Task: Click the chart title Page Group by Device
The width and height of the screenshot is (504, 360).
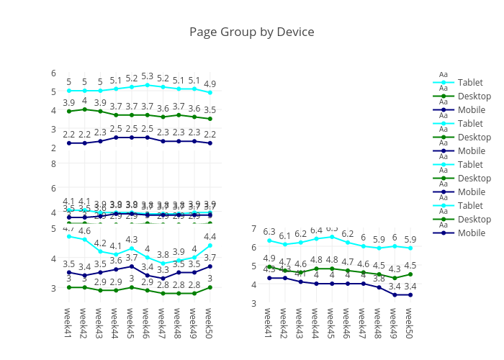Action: pyautogui.click(x=252, y=32)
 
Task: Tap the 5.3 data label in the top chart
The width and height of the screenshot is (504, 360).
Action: pyautogui.click(x=148, y=76)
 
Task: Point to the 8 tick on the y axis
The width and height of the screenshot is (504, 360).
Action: pyautogui.click(x=53, y=163)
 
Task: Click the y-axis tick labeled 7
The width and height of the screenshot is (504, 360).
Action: pyautogui.click(x=253, y=228)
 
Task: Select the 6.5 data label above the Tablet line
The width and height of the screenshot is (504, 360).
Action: pyautogui.click(x=332, y=228)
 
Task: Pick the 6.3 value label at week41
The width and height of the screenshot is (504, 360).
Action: pyautogui.click(x=269, y=232)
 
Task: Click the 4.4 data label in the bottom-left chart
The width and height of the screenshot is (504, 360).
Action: pyautogui.click(x=210, y=237)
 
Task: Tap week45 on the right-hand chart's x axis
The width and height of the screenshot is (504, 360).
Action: pyautogui.click(x=332, y=324)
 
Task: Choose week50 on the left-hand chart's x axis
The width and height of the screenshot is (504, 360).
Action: pyautogui.click(x=210, y=324)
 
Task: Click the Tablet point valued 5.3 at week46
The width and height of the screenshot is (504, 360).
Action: pyautogui.click(x=148, y=85)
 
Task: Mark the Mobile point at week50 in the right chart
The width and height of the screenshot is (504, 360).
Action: pyautogui.click(x=410, y=294)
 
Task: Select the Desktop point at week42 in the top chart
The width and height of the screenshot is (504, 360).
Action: pyautogui.click(x=85, y=109)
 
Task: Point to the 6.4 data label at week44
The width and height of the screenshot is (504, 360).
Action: pyautogui.click(x=316, y=230)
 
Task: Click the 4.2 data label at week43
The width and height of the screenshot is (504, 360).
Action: pyautogui.click(x=100, y=243)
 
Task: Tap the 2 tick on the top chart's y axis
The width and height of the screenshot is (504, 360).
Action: pyautogui.click(x=53, y=148)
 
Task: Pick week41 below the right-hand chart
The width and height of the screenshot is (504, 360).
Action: pyautogui.click(x=269, y=324)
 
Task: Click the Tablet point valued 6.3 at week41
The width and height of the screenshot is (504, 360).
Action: pyautogui.click(x=269, y=240)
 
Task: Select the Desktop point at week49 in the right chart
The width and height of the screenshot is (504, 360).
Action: pyautogui.click(x=395, y=278)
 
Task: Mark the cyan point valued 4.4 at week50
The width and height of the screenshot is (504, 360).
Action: pyautogui.click(x=210, y=246)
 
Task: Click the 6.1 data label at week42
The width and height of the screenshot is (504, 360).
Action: pyautogui.click(x=285, y=235)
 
